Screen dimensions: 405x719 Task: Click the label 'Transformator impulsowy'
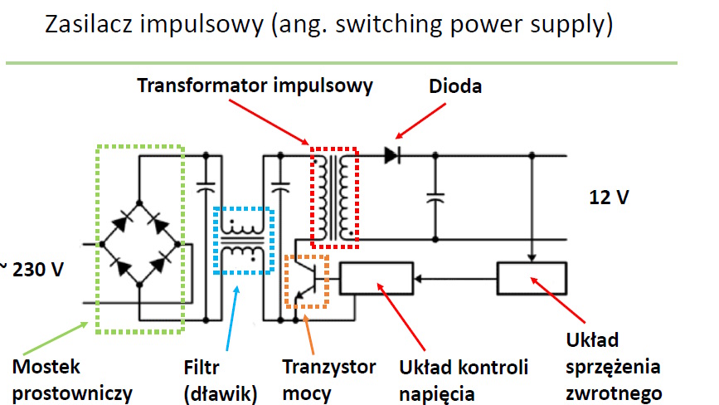255,86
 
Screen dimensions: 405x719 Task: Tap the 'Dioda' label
454,86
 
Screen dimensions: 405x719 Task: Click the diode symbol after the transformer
392,154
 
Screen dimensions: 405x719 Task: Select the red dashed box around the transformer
334,198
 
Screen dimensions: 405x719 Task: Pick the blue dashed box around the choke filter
243,241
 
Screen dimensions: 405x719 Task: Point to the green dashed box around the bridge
139,238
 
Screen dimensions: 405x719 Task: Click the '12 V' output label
611,198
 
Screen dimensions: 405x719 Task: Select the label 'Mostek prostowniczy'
67,378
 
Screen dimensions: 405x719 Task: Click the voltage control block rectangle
376,278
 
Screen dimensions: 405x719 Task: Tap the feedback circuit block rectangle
531,278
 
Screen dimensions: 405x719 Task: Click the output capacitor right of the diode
433,198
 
